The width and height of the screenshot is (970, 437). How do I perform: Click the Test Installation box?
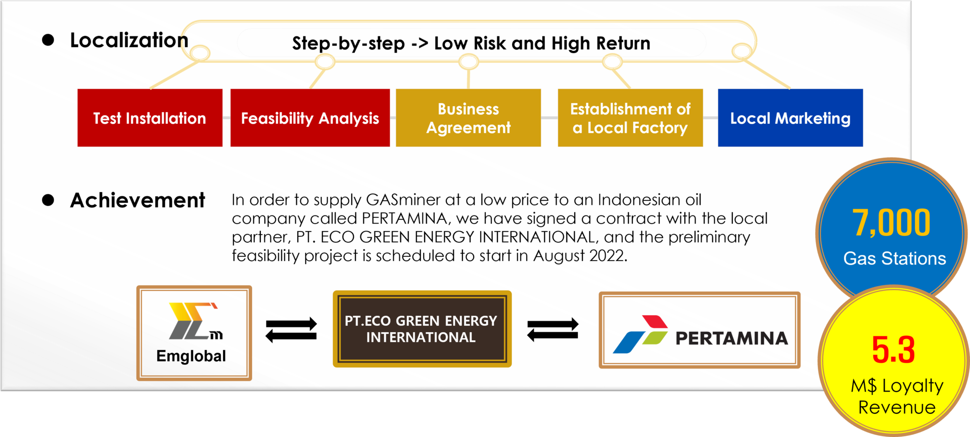click(x=150, y=118)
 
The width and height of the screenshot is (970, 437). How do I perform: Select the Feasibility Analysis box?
click(x=310, y=118)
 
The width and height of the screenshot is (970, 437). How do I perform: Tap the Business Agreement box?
click(x=468, y=118)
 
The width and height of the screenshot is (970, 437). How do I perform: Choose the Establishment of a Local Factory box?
click(x=630, y=118)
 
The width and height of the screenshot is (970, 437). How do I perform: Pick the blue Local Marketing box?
click(x=790, y=118)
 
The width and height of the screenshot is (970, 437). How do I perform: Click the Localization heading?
click(x=129, y=40)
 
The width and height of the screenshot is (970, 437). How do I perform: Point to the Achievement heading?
click(x=137, y=200)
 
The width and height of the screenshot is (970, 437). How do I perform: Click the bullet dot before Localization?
click(x=48, y=40)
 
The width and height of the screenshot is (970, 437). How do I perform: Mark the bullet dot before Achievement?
click(x=48, y=200)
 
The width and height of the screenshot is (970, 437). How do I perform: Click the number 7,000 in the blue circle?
click(x=891, y=223)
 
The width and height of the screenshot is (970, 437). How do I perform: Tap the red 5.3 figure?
click(x=893, y=349)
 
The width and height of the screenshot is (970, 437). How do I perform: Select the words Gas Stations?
click(x=894, y=258)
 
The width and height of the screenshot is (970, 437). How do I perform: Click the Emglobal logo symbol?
click(x=195, y=321)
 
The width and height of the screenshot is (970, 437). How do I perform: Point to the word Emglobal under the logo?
click(x=191, y=357)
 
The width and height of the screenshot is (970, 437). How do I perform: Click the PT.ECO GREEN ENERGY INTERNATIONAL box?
click(x=422, y=329)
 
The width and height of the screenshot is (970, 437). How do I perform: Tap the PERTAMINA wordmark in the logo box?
click(x=731, y=338)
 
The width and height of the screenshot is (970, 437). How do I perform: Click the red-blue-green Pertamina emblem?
click(x=640, y=334)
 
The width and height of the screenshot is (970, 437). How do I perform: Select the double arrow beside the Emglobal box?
click(x=291, y=330)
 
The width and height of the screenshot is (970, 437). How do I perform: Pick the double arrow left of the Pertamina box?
click(x=552, y=330)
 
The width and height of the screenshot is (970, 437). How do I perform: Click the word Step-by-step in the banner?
click(x=348, y=44)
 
